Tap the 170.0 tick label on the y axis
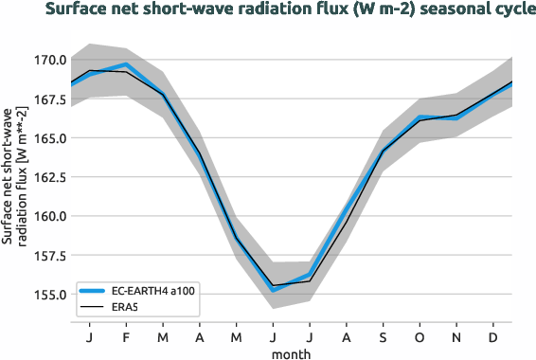(x=48, y=60)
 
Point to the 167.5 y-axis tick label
(x=48, y=99)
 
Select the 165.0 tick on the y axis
(x=48, y=138)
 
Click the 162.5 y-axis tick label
(x=48, y=177)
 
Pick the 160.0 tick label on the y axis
(x=48, y=216)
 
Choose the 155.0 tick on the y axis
(x=48, y=295)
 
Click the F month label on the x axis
(x=126, y=336)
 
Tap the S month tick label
(x=384, y=336)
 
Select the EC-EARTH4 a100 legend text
(x=152, y=291)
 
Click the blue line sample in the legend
(x=93, y=291)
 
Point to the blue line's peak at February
(x=126, y=64)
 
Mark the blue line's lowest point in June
(x=274, y=289)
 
